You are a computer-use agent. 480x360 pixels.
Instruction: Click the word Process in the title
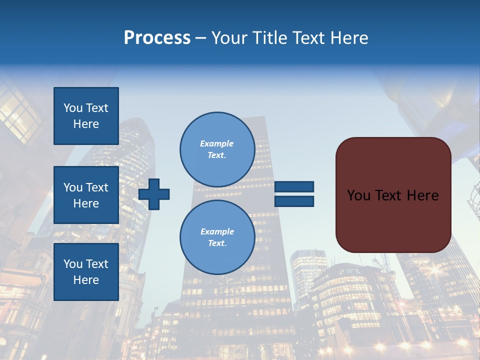pyautogui.click(x=157, y=38)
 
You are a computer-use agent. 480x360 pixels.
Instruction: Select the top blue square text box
pyautogui.click(x=86, y=116)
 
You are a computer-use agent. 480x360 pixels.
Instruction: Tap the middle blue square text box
pyautogui.click(x=86, y=195)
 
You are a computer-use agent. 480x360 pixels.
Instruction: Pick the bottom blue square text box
pyautogui.click(x=86, y=271)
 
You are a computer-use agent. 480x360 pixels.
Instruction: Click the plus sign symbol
pyautogui.click(x=154, y=194)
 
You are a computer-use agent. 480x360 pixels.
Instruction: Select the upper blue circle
pyautogui.click(x=217, y=149)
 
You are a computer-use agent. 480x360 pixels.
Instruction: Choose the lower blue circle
pyautogui.click(x=217, y=237)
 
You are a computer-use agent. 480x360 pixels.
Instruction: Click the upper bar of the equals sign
pyautogui.click(x=294, y=187)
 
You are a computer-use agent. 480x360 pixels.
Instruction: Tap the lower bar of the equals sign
pyautogui.click(x=294, y=201)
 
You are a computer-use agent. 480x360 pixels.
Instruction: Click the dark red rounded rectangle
pyautogui.click(x=393, y=220)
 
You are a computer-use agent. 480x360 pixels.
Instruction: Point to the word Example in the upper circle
pyautogui.click(x=216, y=143)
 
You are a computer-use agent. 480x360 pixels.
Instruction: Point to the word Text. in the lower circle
pyautogui.click(x=217, y=243)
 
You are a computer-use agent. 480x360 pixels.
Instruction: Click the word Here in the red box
pyautogui.click(x=422, y=195)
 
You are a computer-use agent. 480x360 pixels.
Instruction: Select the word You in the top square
pyautogui.click(x=72, y=108)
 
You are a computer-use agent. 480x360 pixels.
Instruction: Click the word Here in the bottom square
pyautogui.click(x=86, y=280)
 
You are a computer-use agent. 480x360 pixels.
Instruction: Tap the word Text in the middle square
pyautogui.click(x=96, y=187)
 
